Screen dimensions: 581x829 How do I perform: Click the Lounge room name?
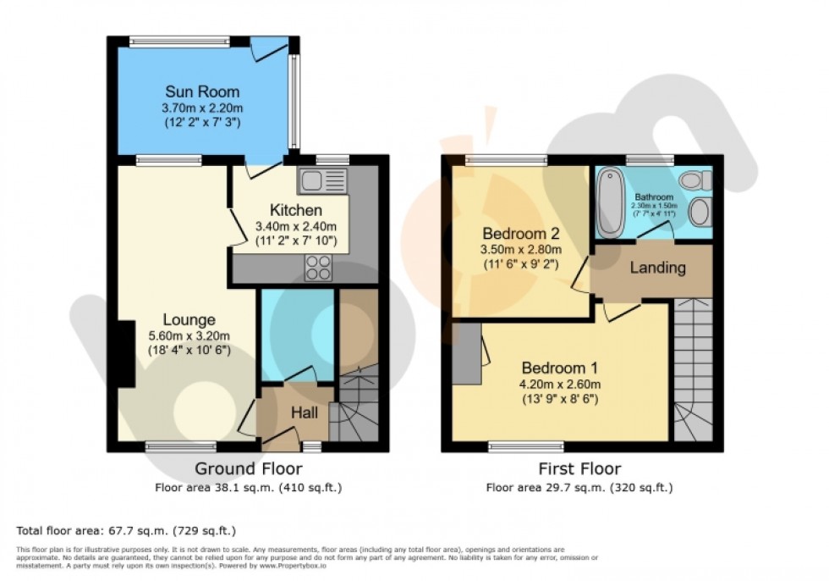[189, 320]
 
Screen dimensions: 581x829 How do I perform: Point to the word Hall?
[305, 412]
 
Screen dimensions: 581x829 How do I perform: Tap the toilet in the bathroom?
[694, 178]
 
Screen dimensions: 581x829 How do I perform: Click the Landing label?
[657, 268]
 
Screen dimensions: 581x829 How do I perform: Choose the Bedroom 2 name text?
[521, 233]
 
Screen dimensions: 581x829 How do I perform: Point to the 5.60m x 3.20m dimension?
[189, 335]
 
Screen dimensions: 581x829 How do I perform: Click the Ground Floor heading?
[248, 468]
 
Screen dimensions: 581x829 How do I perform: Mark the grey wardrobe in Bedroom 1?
[466, 352]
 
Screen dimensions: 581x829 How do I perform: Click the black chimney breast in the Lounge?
[124, 354]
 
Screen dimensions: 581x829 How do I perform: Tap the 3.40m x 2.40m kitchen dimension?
[296, 226]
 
